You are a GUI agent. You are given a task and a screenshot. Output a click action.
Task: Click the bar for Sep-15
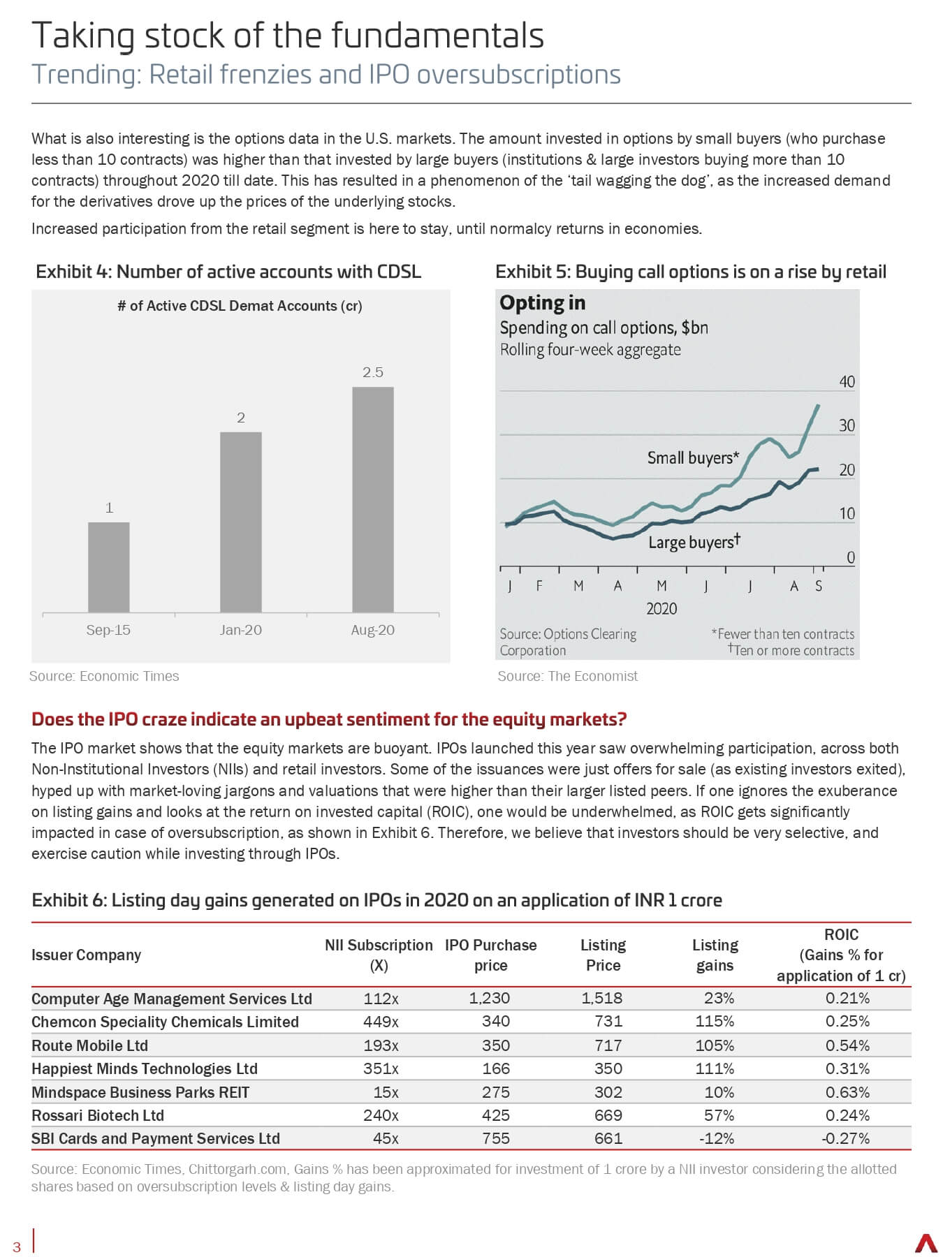[108, 567]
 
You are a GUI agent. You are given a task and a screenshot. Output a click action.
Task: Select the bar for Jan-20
[241, 522]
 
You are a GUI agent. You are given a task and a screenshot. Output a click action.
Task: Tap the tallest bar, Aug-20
[373, 499]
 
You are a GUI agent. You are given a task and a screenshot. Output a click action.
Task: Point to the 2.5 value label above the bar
[373, 372]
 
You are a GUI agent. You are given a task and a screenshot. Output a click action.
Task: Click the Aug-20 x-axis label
[373, 630]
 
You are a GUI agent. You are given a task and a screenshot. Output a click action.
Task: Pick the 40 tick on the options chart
[847, 382]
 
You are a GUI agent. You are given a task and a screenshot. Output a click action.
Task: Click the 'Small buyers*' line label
[693, 458]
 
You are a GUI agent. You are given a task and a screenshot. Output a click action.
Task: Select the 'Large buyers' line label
[694, 542]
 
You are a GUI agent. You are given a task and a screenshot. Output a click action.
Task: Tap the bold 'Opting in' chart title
[543, 303]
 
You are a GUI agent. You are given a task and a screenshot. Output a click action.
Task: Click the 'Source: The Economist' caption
[568, 676]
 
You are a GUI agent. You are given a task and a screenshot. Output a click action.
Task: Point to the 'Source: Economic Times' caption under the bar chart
[104, 676]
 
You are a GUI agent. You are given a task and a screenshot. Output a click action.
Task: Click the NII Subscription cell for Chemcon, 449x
[381, 1022]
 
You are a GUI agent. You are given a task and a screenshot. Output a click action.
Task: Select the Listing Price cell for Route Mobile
[608, 1045]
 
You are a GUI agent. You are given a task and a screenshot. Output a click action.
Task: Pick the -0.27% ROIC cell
[845, 1138]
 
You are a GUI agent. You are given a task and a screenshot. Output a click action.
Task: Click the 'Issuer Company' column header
[86, 955]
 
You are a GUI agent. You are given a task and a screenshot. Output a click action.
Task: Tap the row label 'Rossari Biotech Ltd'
[98, 1115]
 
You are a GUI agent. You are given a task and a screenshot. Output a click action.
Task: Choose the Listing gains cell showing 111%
[715, 1068]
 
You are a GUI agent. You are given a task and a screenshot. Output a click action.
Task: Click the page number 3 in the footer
[17, 1248]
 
